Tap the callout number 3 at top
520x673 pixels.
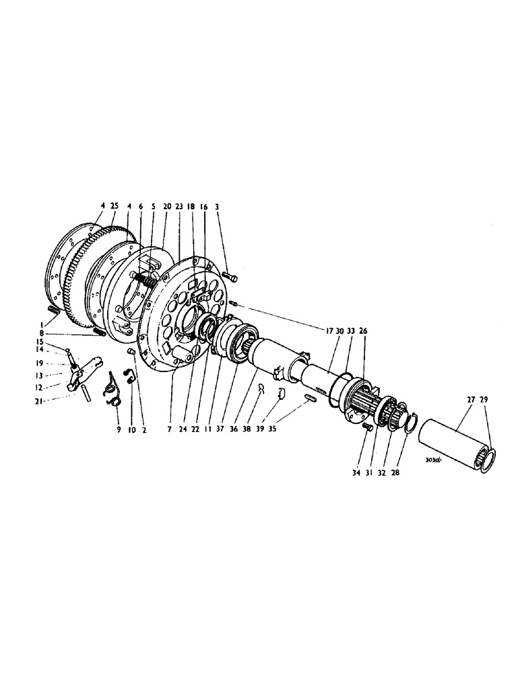pos(216,207)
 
